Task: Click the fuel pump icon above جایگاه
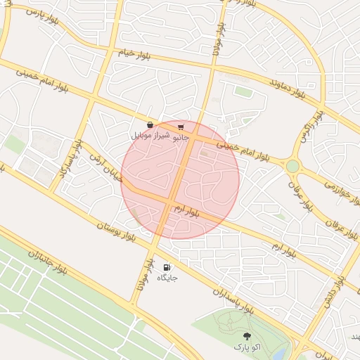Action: point(167,267)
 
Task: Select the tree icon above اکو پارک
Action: point(246,337)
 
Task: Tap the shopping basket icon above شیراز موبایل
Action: point(150,124)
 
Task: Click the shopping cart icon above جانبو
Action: point(181,127)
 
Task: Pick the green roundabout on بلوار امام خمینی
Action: point(292,166)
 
